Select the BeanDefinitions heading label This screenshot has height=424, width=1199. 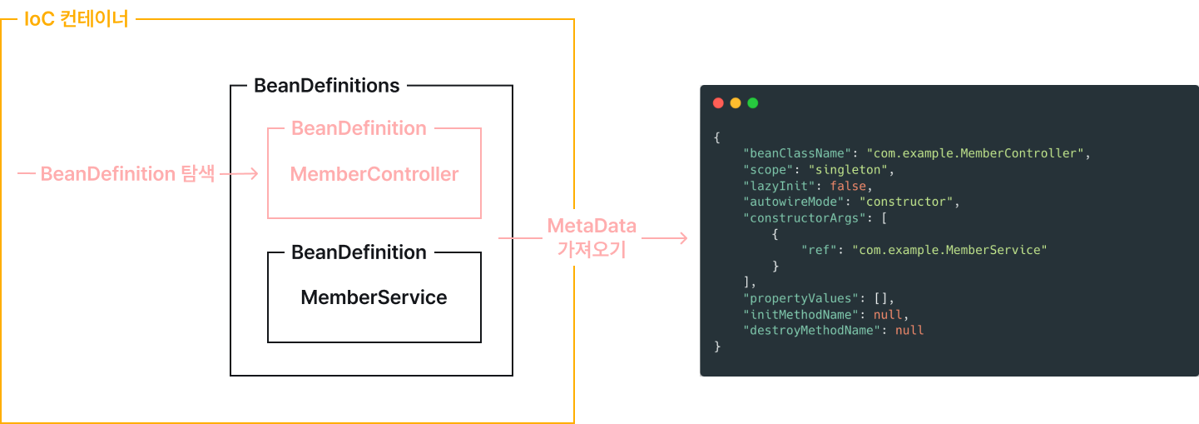(x=326, y=86)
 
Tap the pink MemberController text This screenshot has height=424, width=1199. (x=374, y=174)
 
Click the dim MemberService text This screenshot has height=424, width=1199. (x=374, y=297)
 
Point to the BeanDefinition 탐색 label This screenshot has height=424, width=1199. (x=128, y=174)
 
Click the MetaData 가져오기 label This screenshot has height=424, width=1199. (x=592, y=237)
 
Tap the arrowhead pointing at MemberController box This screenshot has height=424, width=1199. (x=255, y=173)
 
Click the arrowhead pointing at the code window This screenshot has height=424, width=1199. (x=683, y=238)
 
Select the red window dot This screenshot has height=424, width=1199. (x=718, y=103)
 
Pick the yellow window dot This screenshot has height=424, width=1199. (x=736, y=103)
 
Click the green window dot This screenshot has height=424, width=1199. (x=753, y=103)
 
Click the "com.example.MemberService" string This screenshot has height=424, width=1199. (x=949, y=250)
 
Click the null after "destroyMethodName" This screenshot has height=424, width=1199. (x=909, y=330)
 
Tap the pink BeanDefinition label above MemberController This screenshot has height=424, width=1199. (x=359, y=128)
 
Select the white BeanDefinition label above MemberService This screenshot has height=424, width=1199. (x=359, y=252)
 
